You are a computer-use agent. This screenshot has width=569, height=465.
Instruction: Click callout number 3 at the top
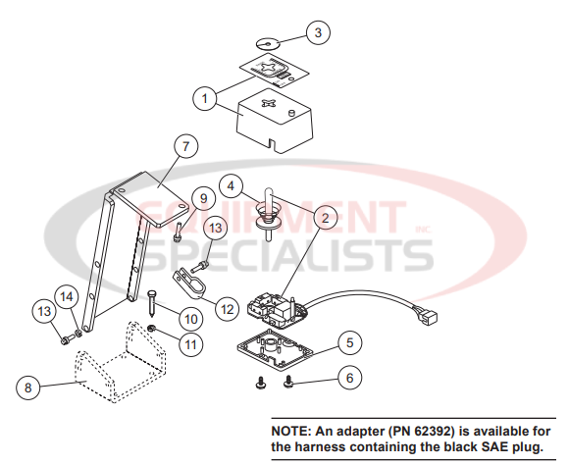tap(316, 33)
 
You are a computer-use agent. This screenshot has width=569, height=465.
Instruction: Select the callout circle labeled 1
tap(205, 98)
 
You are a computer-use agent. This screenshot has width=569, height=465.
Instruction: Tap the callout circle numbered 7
tap(181, 145)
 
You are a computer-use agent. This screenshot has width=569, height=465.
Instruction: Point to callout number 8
tap(27, 387)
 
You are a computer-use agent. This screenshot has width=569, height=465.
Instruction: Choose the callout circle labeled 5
tap(349, 343)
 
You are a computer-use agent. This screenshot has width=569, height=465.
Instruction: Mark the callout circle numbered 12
tap(227, 308)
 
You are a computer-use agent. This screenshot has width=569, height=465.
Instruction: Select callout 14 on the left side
tap(66, 295)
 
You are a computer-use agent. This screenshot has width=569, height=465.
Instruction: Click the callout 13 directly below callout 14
tap(44, 312)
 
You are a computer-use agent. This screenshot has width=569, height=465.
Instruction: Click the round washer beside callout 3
tap(266, 43)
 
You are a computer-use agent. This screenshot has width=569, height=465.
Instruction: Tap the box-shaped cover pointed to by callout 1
tap(276, 120)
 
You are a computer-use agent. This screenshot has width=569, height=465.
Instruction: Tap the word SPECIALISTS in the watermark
tap(280, 257)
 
